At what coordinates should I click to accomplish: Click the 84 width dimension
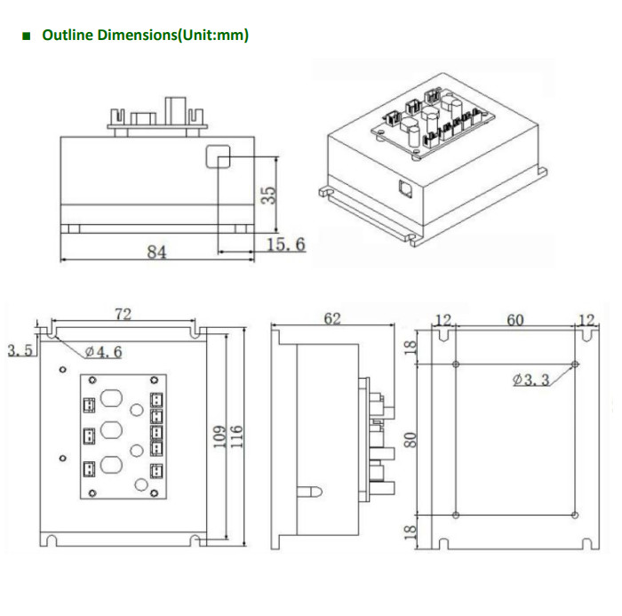[156, 252]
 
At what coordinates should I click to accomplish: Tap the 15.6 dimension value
[286, 244]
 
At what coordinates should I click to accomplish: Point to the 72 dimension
[124, 314]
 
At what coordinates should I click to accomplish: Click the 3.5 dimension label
[20, 350]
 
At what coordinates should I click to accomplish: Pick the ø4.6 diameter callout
[104, 352]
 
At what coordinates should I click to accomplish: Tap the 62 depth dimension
[332, 318]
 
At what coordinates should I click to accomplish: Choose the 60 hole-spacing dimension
[515, 319]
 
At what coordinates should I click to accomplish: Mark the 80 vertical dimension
[410, 439]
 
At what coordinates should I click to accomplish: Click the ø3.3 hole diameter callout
[530, 380]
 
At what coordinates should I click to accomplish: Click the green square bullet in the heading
[25, 36]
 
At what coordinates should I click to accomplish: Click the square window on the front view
[218, 157]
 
